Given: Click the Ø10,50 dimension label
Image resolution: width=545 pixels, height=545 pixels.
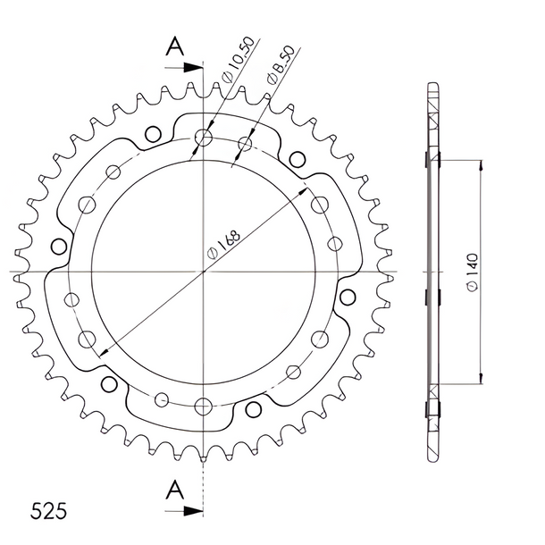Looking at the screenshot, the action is [239, 59].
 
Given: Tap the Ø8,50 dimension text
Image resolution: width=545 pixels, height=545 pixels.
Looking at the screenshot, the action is [281, 64].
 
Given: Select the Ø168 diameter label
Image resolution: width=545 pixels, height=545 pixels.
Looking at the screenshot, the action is [223, 244].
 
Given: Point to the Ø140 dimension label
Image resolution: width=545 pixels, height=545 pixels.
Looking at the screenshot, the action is [473, 272].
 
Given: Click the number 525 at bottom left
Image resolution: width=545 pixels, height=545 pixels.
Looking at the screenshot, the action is [48, 511].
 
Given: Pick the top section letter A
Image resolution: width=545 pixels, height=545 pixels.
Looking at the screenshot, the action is [174, 46].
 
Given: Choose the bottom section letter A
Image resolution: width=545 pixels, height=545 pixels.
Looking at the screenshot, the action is [174, 490].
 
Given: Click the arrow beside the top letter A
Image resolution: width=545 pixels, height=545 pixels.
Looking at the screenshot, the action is [183, 67].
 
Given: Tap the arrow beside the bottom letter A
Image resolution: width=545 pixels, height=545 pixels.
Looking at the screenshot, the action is [183, 510].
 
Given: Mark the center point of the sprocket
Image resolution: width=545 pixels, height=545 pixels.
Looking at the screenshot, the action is [204, 271].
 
